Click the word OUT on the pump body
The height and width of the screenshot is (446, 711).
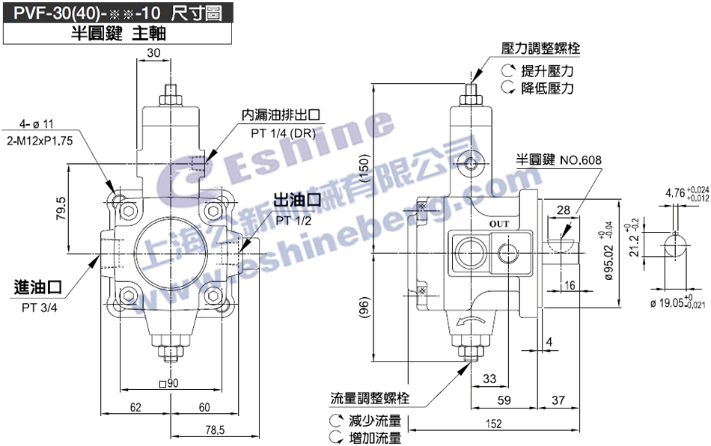(x=498, y=224)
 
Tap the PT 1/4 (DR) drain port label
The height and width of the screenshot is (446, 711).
(x=283, y=133)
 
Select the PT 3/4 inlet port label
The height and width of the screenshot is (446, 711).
(x=40, y=308)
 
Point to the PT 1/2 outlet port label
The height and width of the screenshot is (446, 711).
(x=293, y=221)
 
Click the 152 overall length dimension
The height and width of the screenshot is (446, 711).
(x=494, y=424)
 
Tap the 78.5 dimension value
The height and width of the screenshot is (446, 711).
(x=215, y=430)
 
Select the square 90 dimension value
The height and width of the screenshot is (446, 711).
(x=168, y=383)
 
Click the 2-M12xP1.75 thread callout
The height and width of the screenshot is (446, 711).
(x=40, y=141)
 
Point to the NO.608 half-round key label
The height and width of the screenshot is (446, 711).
(x=581, y=160)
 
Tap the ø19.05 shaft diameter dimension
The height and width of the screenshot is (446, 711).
(x=677, y=302)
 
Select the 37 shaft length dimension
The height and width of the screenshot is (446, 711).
(x=558, y=400)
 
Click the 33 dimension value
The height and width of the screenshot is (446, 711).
(x=489, y=379)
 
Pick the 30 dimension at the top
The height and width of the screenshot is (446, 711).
(x=153, y=53)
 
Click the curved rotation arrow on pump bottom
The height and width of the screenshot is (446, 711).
(x=470, y=321)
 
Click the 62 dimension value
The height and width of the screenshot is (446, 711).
(x=135, y=408)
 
